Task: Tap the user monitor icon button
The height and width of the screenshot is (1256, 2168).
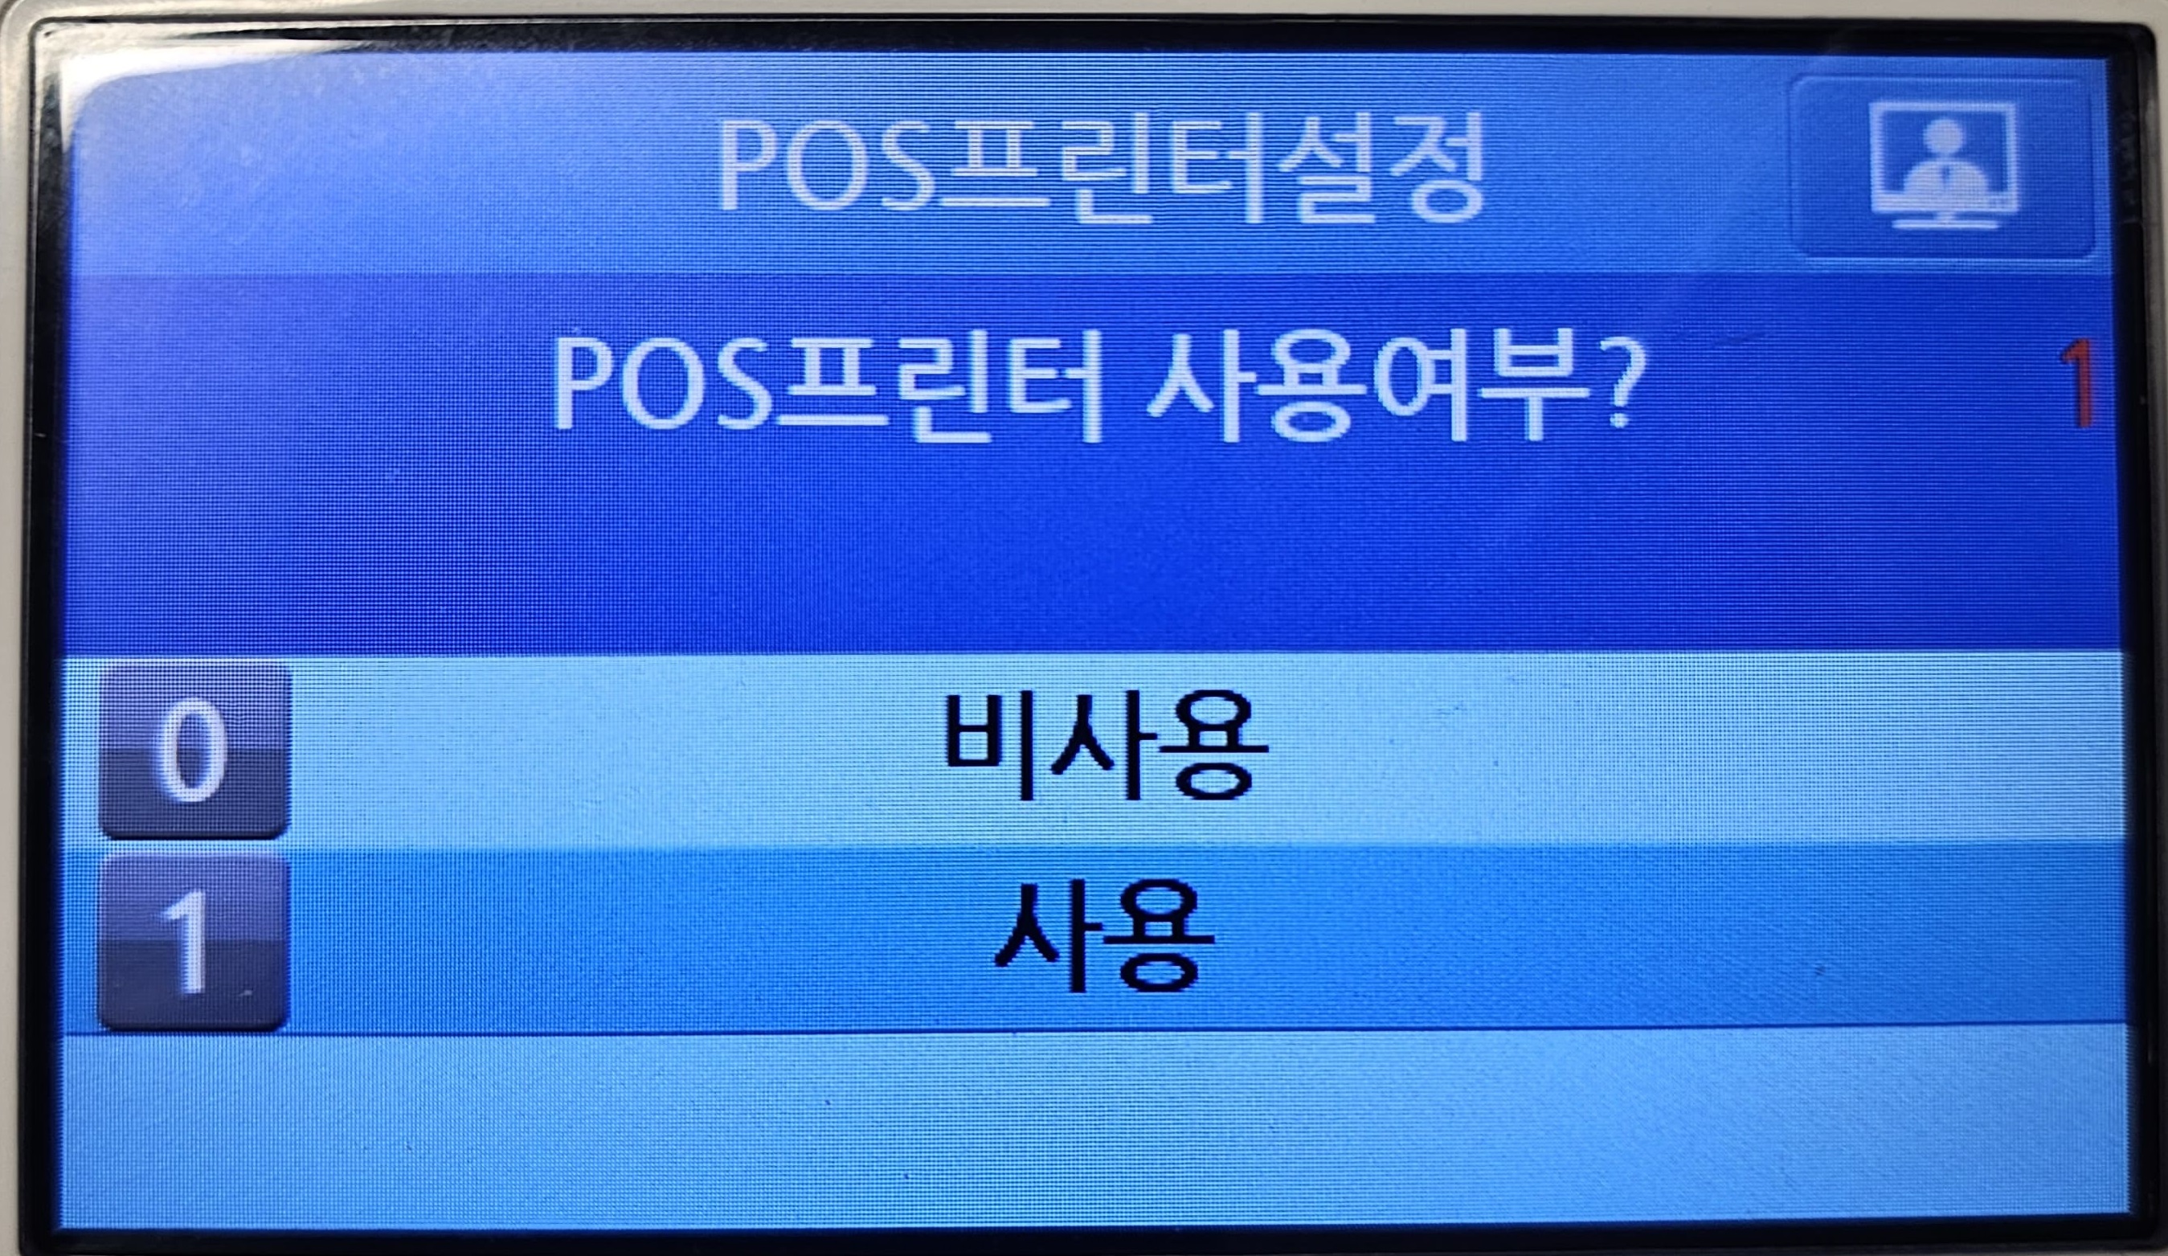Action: [x=1941, y=169]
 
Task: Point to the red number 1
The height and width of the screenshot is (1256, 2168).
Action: [x=2079, y=383]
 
